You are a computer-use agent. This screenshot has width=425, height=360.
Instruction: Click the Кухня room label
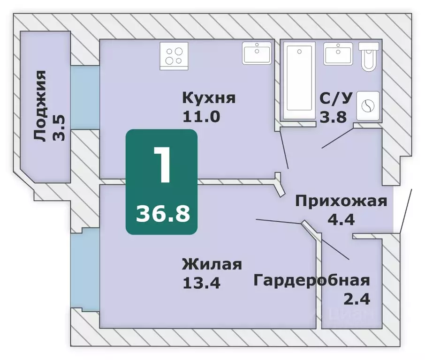point(208,98)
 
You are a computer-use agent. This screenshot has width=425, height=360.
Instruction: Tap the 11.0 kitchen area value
point(201,116)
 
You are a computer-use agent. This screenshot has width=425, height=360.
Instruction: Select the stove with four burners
point(173,54)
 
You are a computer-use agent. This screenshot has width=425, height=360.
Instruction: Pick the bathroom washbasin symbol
point(338,54)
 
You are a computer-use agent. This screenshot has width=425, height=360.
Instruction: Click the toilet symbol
point(369,56)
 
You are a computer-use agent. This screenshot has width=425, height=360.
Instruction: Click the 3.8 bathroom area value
point(333,116)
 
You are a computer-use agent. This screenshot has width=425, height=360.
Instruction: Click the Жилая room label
point(212,264)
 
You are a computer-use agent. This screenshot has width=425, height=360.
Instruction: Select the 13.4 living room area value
point(201,282)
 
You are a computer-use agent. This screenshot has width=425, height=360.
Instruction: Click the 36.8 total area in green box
point(162,214)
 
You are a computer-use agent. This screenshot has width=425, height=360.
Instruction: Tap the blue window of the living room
point(85,271)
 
